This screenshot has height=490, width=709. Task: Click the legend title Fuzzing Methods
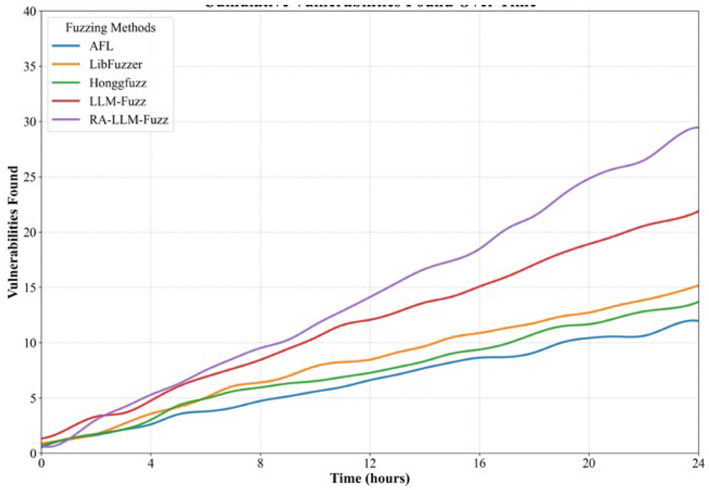point(111,28)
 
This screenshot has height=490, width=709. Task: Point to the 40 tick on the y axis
point(28,11)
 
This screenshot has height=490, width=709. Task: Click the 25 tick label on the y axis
point(28,177)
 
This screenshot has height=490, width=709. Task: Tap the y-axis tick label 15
point(28,287)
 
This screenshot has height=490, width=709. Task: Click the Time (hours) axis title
point(370,480)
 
